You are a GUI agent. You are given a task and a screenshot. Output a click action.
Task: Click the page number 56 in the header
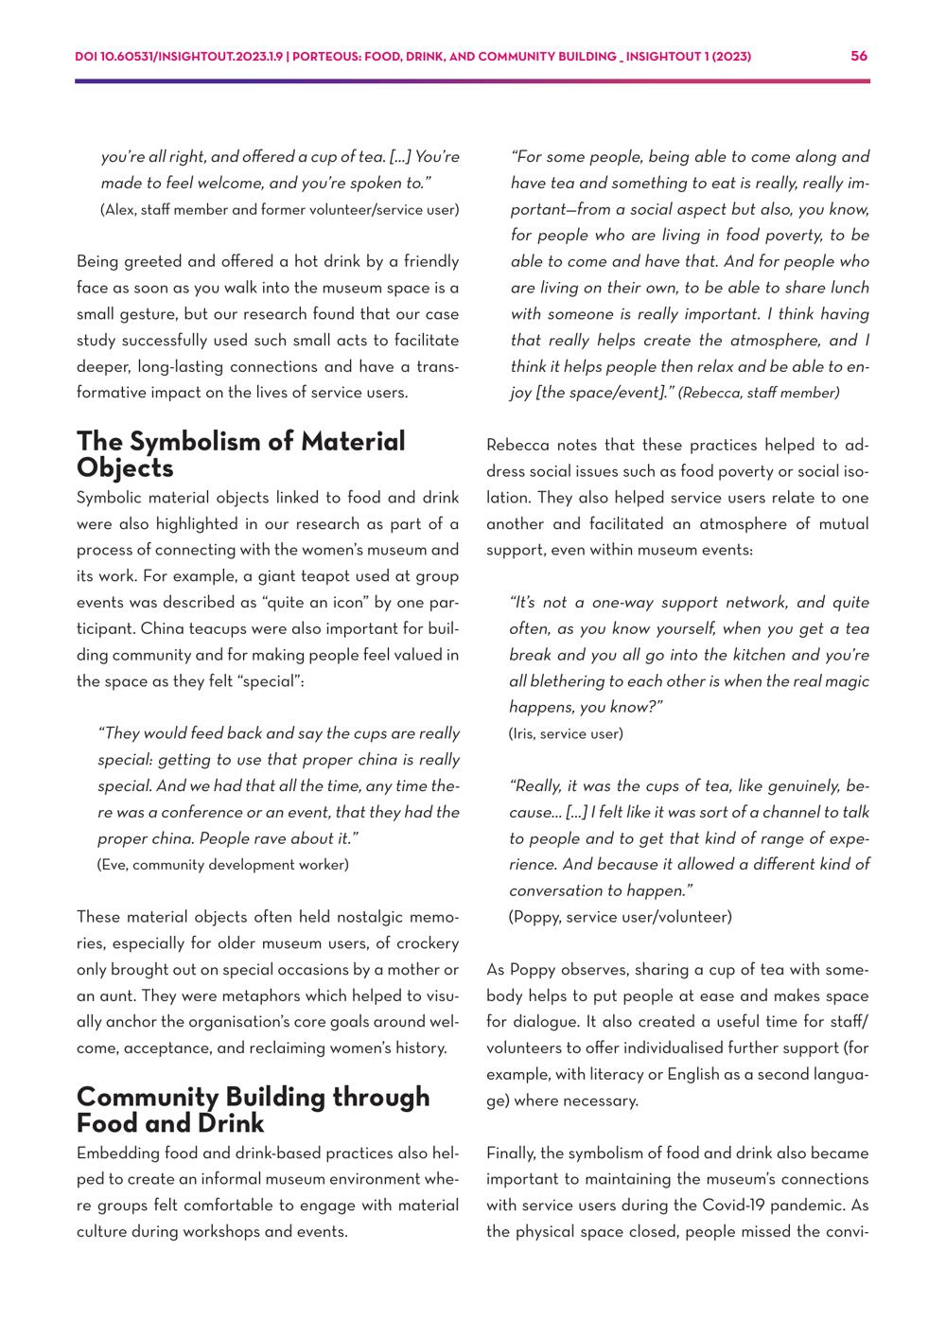point(859,57)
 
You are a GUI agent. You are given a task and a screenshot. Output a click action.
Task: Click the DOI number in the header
point(180,57)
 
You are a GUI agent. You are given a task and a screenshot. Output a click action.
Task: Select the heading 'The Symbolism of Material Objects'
point(240,454)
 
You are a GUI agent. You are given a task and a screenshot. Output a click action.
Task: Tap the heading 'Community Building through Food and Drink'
point(253,1110)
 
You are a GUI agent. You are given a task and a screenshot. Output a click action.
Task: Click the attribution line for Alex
point(279,209)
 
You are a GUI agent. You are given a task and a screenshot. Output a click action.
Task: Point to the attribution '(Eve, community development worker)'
point(223,864)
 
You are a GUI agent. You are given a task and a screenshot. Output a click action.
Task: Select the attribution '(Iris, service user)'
point(566,733)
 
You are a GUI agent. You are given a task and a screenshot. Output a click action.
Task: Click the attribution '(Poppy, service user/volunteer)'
point(620,916)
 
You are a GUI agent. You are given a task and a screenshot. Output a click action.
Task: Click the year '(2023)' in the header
point(731,57)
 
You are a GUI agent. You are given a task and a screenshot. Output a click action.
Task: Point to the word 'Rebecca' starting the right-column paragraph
point(517,446)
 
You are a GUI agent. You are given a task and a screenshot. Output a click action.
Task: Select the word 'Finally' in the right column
point(511,1153)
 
